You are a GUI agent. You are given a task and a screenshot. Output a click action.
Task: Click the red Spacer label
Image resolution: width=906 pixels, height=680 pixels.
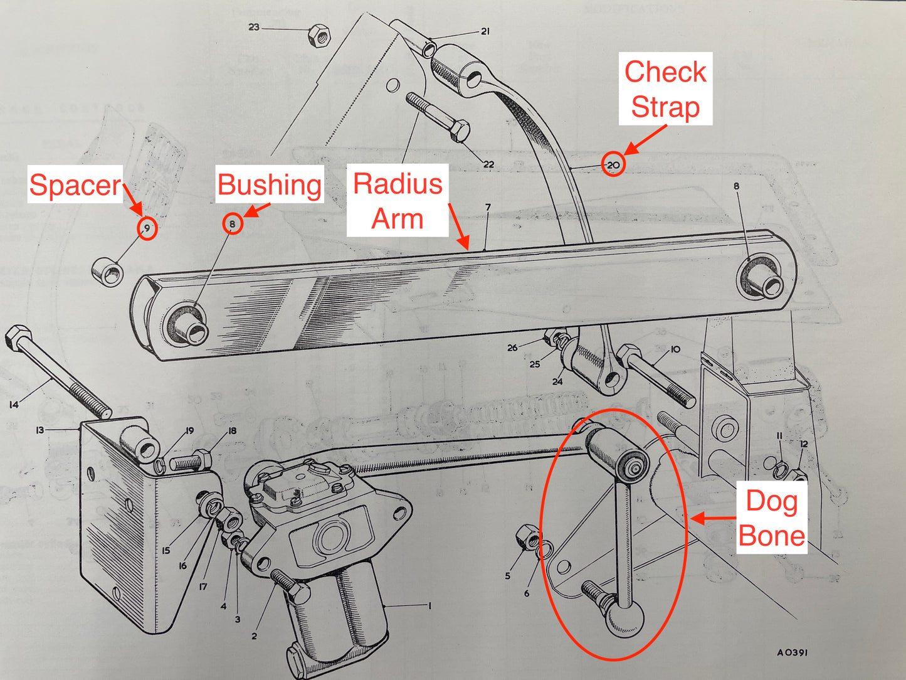tap(75, 184)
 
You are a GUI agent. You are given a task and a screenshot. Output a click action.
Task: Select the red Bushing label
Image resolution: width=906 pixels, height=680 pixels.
tap(269, 184)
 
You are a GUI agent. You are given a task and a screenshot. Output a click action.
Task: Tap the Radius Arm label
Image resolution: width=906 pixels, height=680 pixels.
tap(398, 201)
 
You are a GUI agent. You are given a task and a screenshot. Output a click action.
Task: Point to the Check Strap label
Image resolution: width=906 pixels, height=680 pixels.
tap(665, 89)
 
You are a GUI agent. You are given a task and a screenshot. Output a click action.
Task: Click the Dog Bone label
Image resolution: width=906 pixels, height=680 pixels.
tap(771, 518)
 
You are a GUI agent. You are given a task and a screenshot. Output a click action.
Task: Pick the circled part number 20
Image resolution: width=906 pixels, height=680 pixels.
tap(613, 165)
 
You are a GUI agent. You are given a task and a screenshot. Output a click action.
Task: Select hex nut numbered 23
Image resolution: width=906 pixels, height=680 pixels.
tap(319, 35)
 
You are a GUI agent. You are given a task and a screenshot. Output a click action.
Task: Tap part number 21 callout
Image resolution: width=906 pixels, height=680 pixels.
tap(485, 31)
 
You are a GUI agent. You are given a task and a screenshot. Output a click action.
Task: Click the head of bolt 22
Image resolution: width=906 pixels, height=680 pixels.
tap(460, 130)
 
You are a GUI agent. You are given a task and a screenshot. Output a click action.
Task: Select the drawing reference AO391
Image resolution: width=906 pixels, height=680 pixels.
tap(792, 652)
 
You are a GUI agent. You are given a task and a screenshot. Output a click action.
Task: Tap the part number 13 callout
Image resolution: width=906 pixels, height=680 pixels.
tap(40, 430)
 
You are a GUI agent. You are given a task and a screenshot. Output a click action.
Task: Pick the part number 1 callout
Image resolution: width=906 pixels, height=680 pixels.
tap(429, 605)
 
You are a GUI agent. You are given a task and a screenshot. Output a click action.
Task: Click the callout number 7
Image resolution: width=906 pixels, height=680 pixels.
tap(488, 207)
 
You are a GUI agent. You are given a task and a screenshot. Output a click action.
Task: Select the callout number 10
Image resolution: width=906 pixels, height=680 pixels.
tap(675, 349)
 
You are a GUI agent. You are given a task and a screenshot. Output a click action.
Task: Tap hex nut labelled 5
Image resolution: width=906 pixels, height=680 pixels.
tap(525, 537)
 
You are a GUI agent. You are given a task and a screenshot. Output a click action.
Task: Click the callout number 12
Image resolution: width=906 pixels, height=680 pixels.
tap(803, 444)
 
